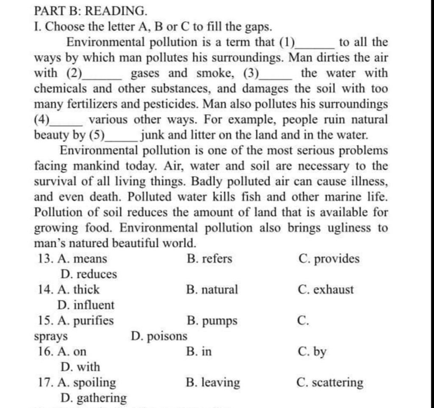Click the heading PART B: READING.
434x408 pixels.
tap(91, 10)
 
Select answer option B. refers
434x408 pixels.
tap(209, 258)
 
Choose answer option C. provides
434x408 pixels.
tap(328, 259)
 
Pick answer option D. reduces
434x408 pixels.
tap(89, 274)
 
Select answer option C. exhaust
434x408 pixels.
tap(325, 290)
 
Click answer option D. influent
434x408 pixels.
tap(87, 305)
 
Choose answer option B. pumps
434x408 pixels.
tap(211, 321)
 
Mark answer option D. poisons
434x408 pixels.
tap(159, 336)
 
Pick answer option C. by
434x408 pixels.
tap(312, 352)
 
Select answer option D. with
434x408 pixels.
tap(81, 366)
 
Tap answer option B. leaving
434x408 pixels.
tap(213, 383)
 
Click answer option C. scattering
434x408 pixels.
tap(330, 383)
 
